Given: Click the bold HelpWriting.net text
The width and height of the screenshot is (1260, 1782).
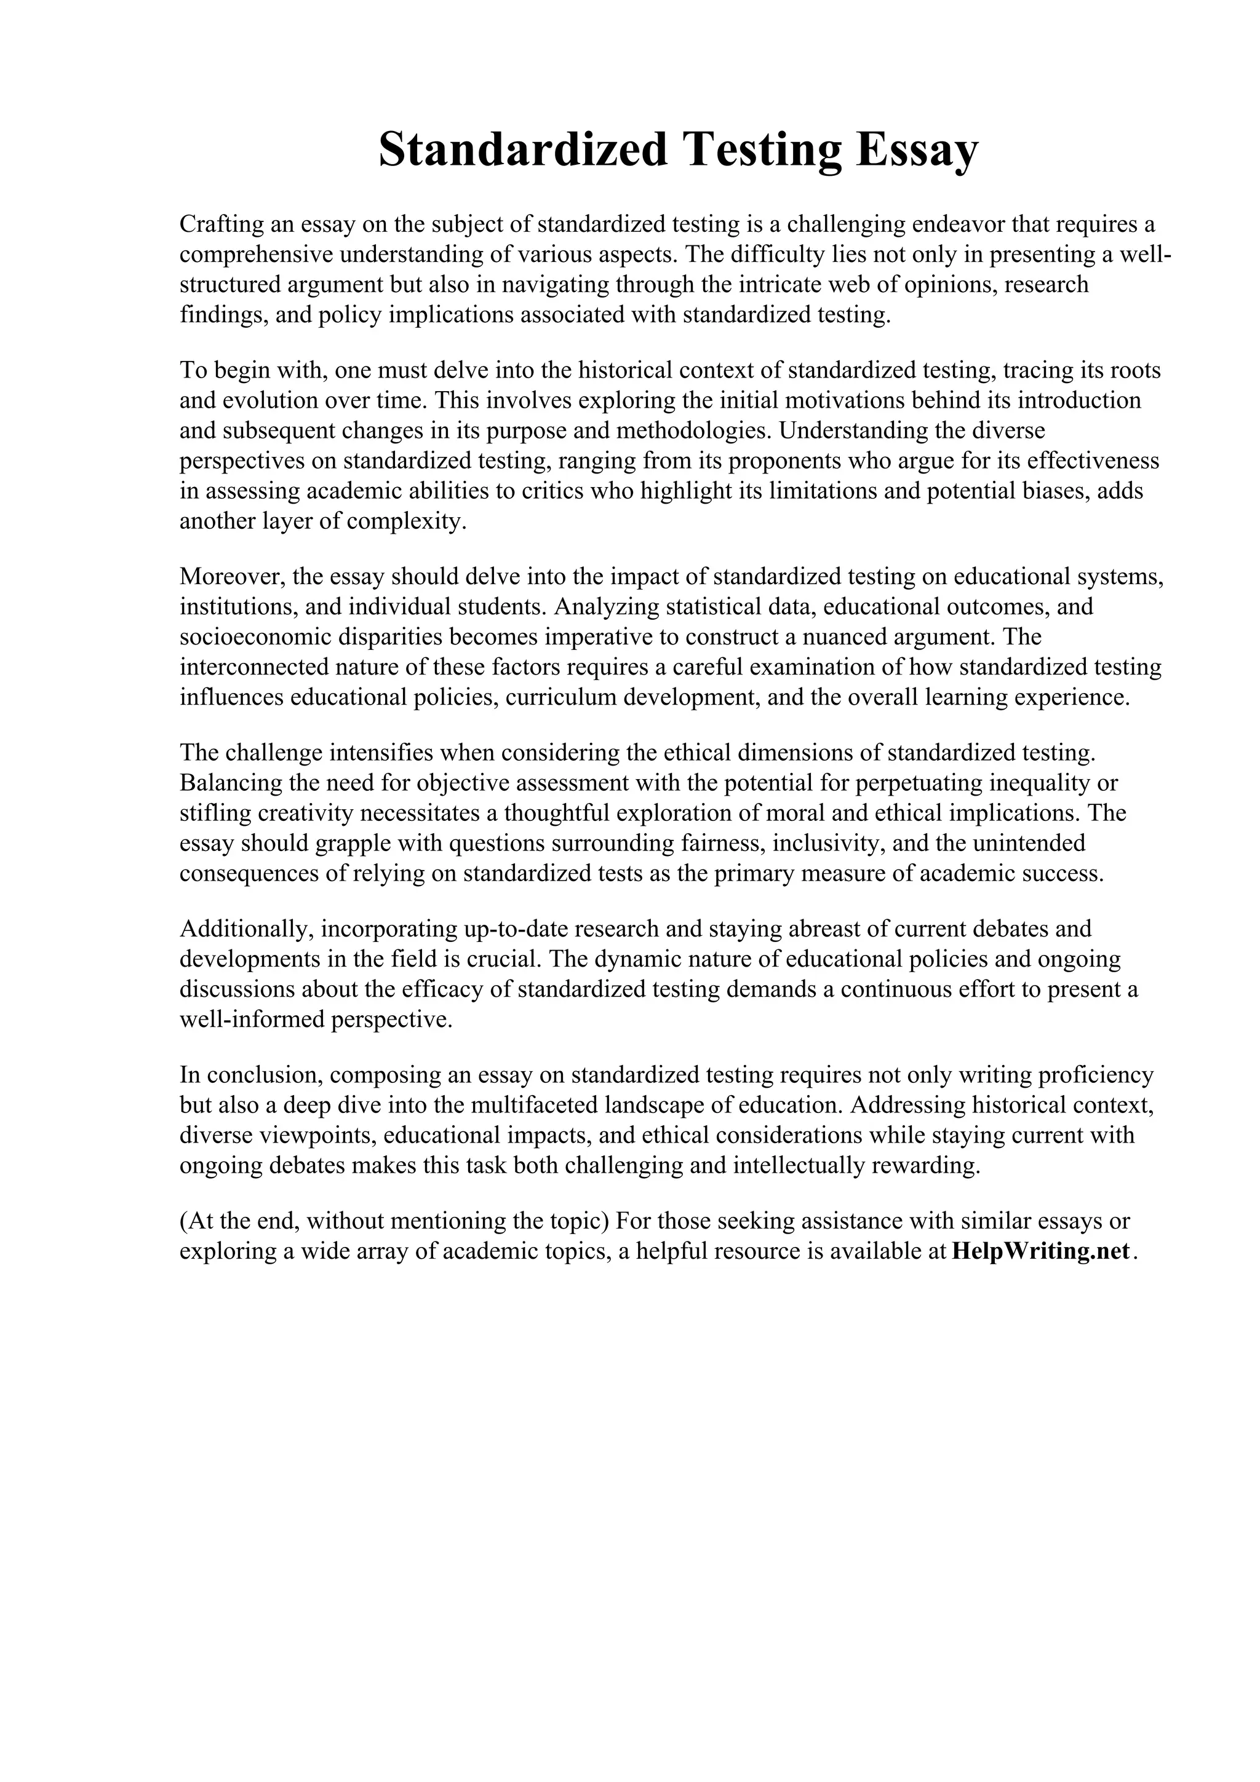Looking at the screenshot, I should point(1040,1251).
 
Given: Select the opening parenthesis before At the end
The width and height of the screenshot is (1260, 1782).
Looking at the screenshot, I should point(184,1221).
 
